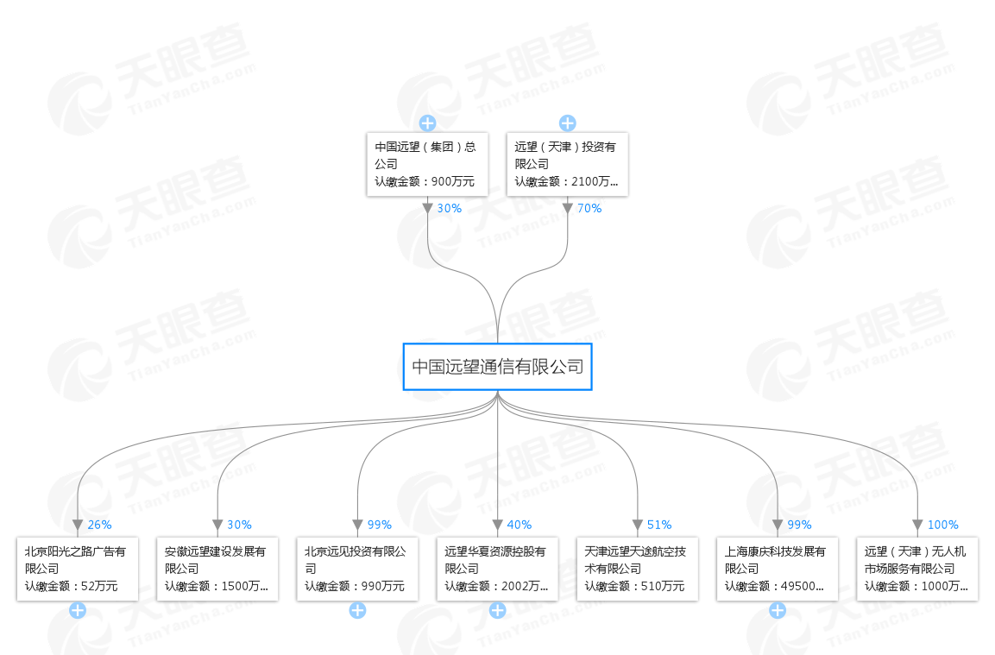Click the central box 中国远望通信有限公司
pos(497,367)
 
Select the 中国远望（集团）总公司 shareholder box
pos(426,164)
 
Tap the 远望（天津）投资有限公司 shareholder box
pos(566,164)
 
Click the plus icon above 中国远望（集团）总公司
pos(427,123)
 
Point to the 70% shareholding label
pos(589,208)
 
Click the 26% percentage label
pos(99,525)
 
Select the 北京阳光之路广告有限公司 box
pos(78,569)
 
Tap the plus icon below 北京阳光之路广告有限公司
pos(78,611)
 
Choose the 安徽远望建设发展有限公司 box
pos(217,569)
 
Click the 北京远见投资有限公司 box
pos(357,569)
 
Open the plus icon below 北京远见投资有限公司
pos(357,611)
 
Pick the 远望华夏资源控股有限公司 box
pos(497,569)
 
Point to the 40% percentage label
pos(520,525)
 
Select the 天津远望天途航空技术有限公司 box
pos(637,569)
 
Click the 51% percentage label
pos(659,525)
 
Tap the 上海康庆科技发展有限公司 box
pos(777,569)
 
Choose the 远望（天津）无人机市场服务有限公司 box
pos(917,569)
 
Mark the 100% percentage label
pos(942,525)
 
